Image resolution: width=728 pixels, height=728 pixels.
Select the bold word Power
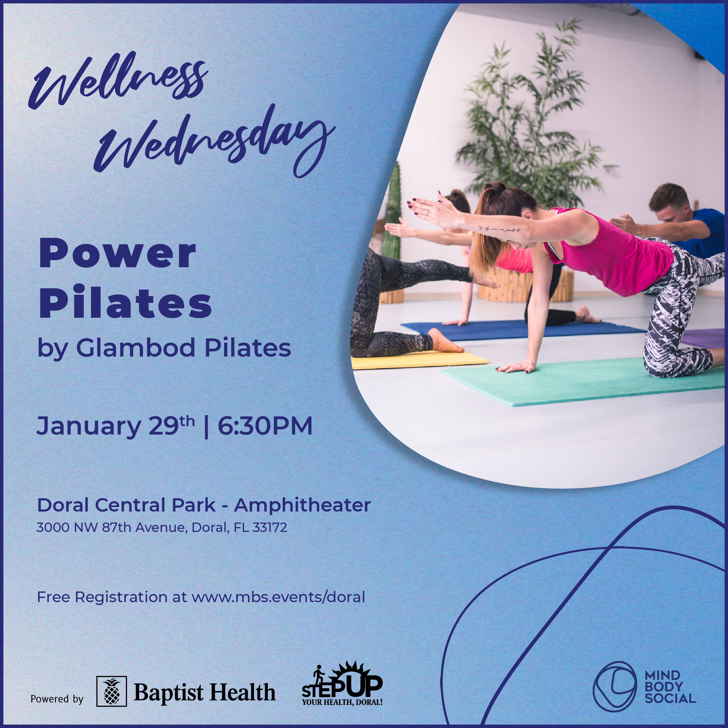tap(117, 254)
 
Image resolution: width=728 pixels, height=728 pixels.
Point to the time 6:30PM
tap(265, 426)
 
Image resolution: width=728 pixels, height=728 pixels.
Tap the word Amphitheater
tap(302, 505)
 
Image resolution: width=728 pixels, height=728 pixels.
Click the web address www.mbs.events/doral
tap(278, 597)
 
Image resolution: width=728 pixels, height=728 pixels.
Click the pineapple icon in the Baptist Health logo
tap(112, 691)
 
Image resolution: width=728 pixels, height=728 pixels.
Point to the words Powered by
tap(57, 699)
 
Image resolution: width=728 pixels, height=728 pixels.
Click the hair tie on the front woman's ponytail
tap(499, 187)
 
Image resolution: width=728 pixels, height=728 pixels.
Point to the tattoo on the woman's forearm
tap(499, 229)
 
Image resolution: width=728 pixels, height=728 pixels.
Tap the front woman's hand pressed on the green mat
tap(516, 366)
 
